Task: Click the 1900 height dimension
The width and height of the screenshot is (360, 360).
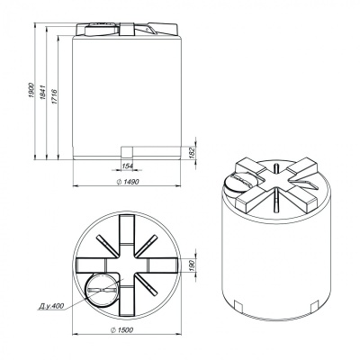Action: [x=31, y=90]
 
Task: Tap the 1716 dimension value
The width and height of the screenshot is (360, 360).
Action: [x=54, y=96]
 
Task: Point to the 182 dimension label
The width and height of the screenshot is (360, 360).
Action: [x=193, y=152]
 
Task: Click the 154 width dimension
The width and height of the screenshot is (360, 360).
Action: [x=128, y=166]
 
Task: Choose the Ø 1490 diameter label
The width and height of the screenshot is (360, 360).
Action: [x=128, y=182]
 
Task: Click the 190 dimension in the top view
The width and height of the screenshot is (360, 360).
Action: [x=193, y=265]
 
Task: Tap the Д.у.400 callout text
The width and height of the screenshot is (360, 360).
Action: [x=51, y=306]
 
